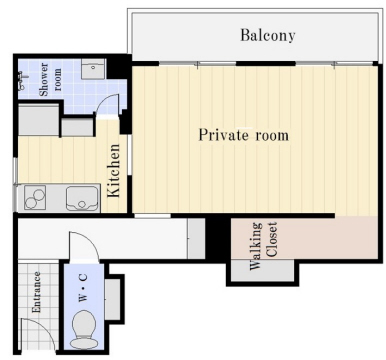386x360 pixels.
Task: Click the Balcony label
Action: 268,35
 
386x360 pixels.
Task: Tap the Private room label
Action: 244,135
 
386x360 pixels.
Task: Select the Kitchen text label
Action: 114,170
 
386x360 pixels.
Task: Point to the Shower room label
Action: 50,80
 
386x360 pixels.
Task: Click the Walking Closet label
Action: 263,246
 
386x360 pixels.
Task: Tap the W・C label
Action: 83,287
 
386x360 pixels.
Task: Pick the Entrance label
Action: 36,292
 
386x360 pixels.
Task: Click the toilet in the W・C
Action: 84,329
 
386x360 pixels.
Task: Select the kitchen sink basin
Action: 82,198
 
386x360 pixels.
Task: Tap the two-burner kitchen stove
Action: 34,198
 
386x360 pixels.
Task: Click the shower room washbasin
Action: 93,69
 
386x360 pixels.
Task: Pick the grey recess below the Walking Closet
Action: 263,270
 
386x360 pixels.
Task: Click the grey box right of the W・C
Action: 113,299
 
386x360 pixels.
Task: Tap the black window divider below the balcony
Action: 266,63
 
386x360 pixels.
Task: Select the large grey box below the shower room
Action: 38,119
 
